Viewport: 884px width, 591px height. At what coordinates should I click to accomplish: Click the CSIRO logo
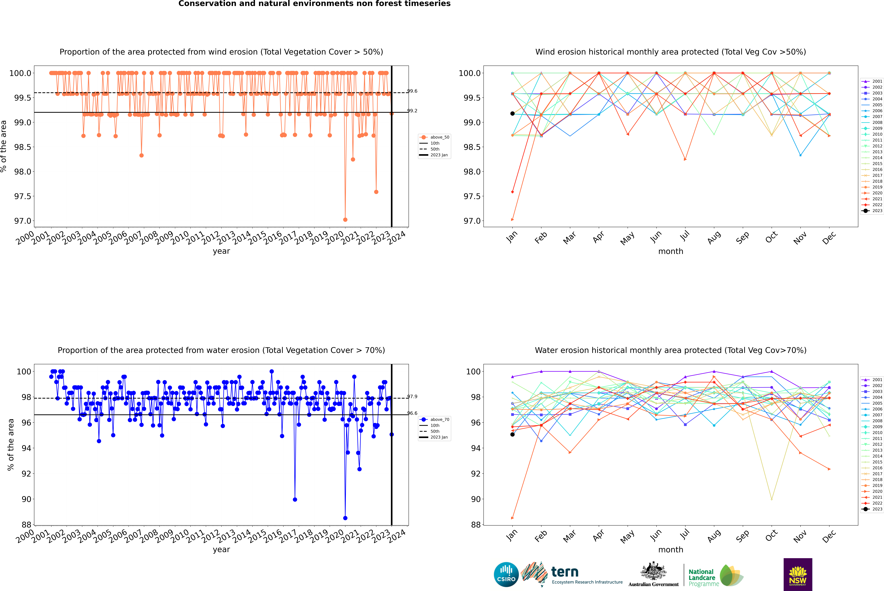click(506, 574)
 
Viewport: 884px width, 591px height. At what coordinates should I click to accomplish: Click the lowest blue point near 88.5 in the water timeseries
click(345, 518)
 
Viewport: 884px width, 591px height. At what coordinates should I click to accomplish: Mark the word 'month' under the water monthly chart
click(670, 550)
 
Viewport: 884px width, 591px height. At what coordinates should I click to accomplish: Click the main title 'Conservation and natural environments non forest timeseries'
click(314, 4)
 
